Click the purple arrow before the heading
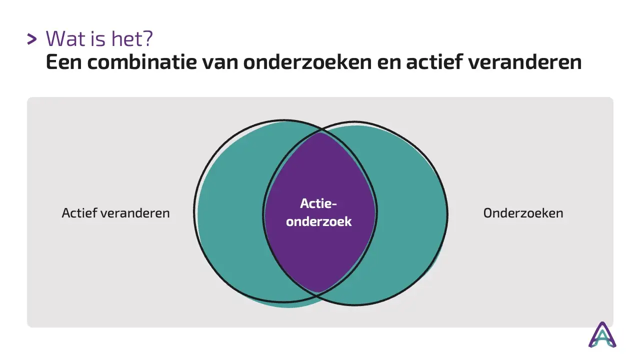click(31, 39)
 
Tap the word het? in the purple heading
click(132, 38)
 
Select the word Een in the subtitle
click(63, 62)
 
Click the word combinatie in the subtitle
click(141, 61)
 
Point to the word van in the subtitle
click(220, 63)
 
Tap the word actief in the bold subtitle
click(433, 61)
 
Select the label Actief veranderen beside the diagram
click(115, 213)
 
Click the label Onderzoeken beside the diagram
click(523, 213)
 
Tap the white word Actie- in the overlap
click(318, 203)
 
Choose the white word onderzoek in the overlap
click(319, 221)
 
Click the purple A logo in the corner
click(602, 334)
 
